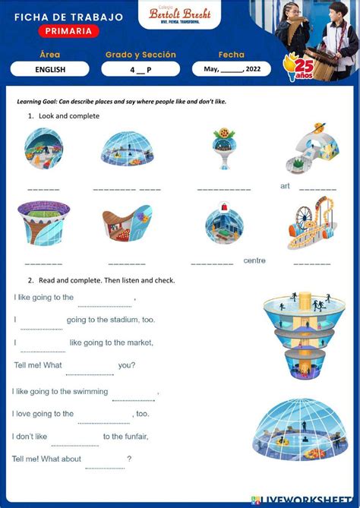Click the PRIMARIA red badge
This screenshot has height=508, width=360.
coord(68,31)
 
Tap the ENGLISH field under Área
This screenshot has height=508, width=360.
coord(50,69)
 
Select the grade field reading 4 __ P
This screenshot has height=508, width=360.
coord(141,69)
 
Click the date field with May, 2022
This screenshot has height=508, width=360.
coord(232,69)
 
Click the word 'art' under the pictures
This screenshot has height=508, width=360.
coord(285,186)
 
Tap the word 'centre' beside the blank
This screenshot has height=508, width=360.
coord(254,260)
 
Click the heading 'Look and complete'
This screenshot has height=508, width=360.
coord(69,116)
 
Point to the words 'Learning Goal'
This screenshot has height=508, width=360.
coord(39,101)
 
